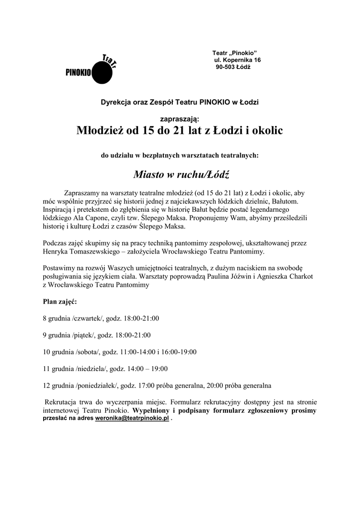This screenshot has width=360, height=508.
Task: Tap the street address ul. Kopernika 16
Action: [x=237, y=60]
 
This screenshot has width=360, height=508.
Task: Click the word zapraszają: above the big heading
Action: [x=180, y=119]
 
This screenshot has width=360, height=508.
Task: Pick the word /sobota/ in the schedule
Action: [x=88, y=352]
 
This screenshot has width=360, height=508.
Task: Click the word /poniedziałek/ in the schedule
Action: [x=97, y=385]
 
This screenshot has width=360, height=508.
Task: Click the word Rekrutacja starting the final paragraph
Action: [x=61, y=402]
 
